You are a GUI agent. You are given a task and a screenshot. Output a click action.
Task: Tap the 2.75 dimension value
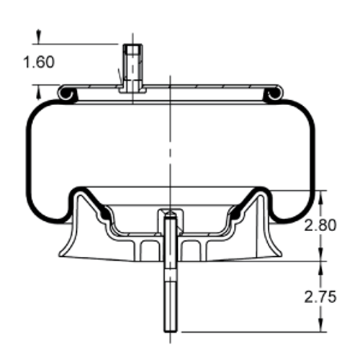tap(319, 295)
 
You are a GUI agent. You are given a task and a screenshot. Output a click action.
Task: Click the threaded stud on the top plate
tap(132, 65)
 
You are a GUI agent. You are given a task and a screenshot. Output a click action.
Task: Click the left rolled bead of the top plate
tap(66, 93)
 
